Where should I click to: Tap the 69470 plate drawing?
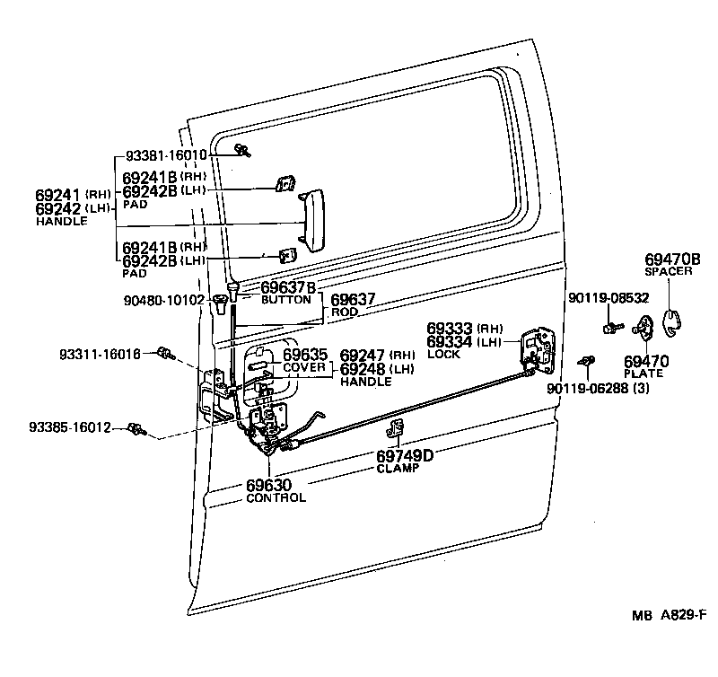click(x=644, y=331)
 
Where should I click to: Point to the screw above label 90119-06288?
click(x=588, y=361)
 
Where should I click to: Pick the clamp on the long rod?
click(x=397, y=428)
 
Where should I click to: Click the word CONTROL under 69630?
click(x=276, y=497)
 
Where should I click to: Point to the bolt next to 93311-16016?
click(x=165, y=353)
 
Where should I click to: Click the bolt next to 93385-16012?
click(x=136, y=428)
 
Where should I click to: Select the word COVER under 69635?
click(x=305, y=368)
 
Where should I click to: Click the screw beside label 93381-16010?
click(x=241, y=149)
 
